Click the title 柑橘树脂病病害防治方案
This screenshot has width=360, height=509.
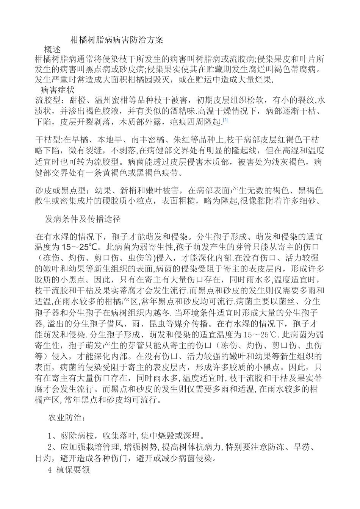pyautogui.click(x=117, y=40)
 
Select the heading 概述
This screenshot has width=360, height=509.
pyautogui.click(x=52, y=50)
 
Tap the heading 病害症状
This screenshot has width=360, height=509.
pyautogui.click(x=57, y=90)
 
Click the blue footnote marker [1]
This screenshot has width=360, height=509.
pyautogui.click(x=225, y=120)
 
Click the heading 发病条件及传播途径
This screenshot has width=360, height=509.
pyautogui.click(x=83, y=219)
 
